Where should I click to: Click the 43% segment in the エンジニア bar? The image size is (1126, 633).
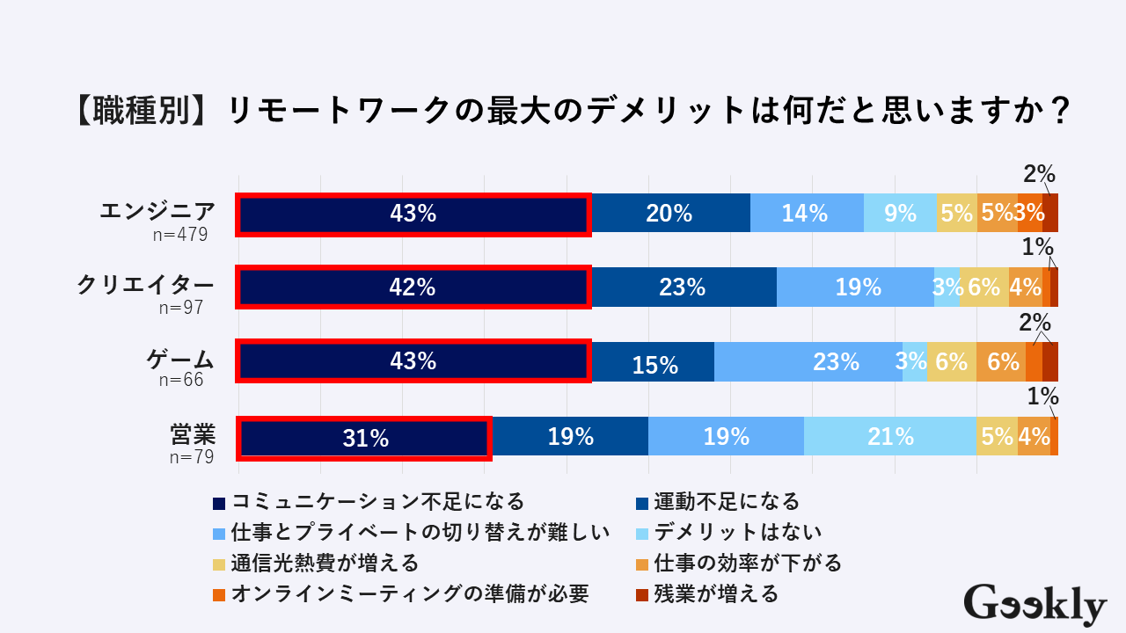tap(413, 213)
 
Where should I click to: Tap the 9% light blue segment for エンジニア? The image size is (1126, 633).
tap(901, 213)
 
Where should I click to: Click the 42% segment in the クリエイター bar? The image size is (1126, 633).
tap(413, 287)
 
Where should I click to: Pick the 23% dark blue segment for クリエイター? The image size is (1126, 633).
tap(684, 287)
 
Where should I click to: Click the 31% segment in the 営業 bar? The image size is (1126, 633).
tap(364, 437)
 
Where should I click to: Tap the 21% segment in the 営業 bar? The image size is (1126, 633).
tap(890, 436)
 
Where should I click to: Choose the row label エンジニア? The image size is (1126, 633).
tap(157, 212)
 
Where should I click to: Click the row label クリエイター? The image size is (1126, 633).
tap(145, 285)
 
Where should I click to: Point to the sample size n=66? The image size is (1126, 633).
tap(181, 381)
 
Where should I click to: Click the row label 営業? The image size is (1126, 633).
tap(193, 434)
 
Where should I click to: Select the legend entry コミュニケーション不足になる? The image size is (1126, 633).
tap(377, 502)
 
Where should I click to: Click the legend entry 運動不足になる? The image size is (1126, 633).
tap(727, 502)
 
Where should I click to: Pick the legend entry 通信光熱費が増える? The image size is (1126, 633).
tap(325, 563)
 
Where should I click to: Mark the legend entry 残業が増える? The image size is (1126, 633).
tap(716, 594)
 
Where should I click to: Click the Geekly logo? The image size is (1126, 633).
tap(1035, 604)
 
